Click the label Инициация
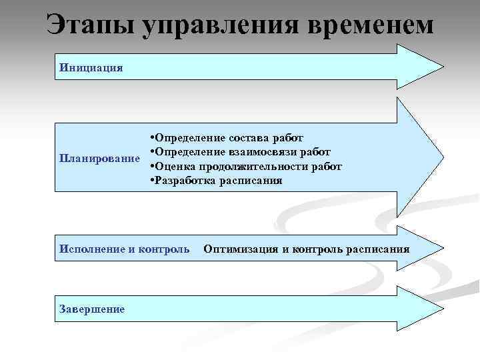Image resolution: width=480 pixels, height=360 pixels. pyautogui.click(x=91, y=67)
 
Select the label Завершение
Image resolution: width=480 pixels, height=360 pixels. pyautogui.click(x=92, y=309)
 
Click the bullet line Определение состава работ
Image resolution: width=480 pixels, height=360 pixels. pyautogui.click(x=227, y=137)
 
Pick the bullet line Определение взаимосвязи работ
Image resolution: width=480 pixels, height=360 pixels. pyautogui.click(x=241, y=151)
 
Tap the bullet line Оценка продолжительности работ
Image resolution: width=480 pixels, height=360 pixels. pyautogui.click(x=247, y=166)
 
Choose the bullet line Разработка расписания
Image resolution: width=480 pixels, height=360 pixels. pyautogui.click(x=217, y=180)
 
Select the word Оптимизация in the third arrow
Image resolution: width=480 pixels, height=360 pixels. pyautogui.click(x=240, y=249)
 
